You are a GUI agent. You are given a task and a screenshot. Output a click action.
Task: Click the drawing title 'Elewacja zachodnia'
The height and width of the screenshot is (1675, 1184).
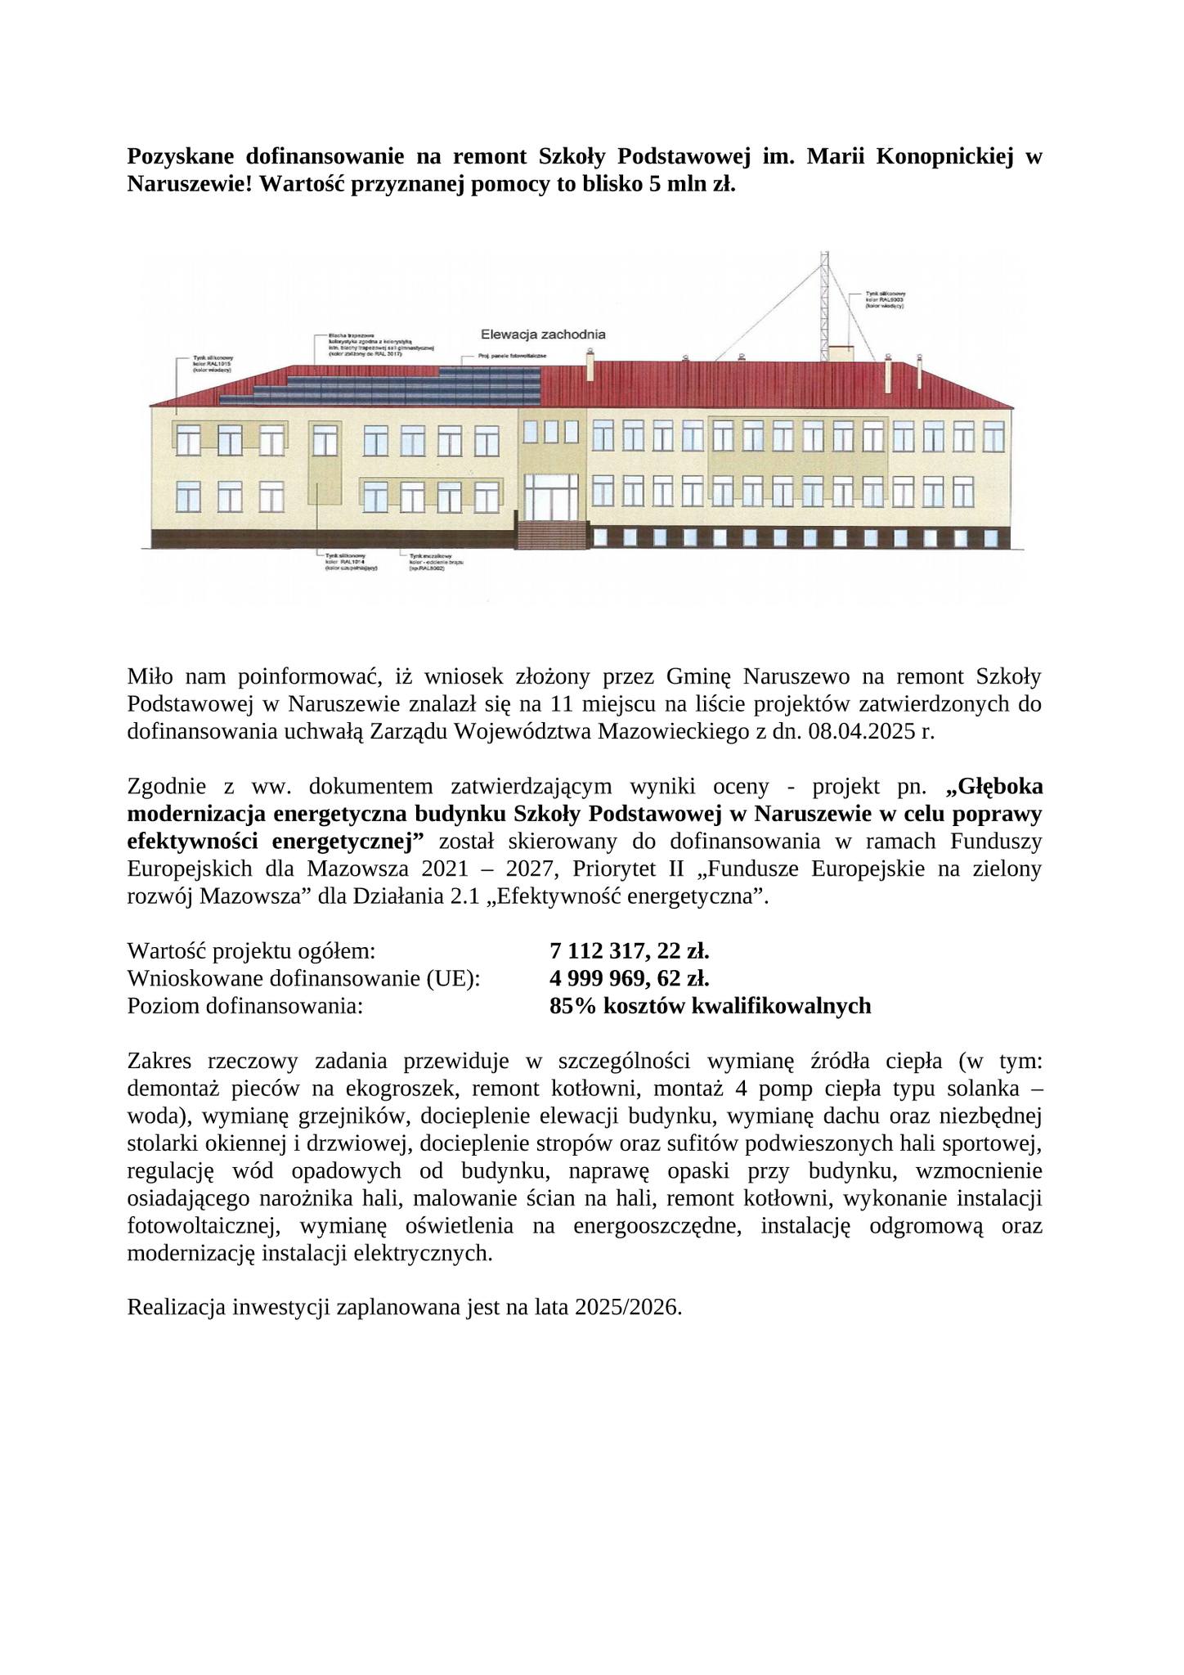pos(543,335)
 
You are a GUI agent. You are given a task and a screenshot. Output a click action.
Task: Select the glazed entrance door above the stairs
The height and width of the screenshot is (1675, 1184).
pos(551,496)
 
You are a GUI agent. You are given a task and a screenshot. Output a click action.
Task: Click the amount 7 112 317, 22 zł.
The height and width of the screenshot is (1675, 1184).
pos(630,951)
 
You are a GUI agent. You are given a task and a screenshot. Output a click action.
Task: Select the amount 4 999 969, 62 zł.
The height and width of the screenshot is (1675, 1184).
pos(630,978)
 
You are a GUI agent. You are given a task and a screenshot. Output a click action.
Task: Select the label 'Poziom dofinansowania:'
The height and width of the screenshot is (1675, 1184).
pos(244,1006)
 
